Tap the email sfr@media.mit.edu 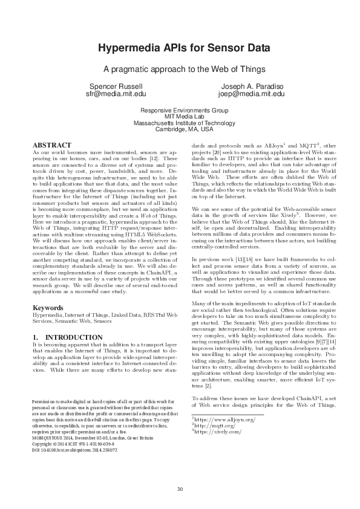[115, 94]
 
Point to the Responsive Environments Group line [184, 111]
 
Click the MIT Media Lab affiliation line [184, 117]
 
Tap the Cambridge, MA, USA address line [184, 129]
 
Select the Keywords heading [48, 308]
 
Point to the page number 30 [180, 488]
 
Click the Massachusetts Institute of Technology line [184, 123]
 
